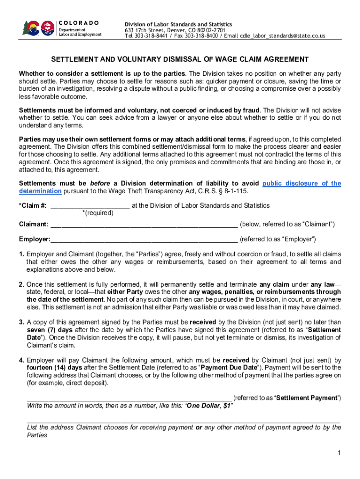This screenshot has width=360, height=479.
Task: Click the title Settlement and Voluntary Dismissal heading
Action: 180,59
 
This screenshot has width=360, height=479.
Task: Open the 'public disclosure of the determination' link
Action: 302,183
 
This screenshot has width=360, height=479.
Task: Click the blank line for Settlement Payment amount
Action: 129,398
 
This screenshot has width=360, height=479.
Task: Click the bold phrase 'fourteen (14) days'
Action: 52,368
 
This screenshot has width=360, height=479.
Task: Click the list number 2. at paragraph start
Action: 22,284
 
